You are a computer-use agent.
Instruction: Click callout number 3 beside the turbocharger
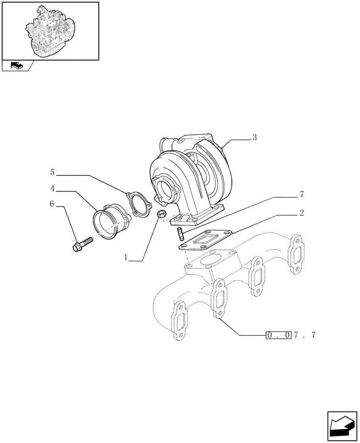pyautogui.click(x=254, y=138)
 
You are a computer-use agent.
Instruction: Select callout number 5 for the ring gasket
pyautogui.click(x=52, y=171)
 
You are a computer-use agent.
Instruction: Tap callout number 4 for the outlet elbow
pyautogui.click(x=52, y=189)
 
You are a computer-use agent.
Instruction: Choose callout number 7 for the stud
pyautogui.click(x=301, y=194)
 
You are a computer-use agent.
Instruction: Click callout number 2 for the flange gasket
pyautogui.click(x=301, y=213)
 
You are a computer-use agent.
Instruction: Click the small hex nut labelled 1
pyautogui.click(x=162, y=215)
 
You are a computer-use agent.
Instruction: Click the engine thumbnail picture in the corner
pyautogui.click(x=50, y=31)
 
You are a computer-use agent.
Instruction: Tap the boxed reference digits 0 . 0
pyautogui.click(x=278, y=335)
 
